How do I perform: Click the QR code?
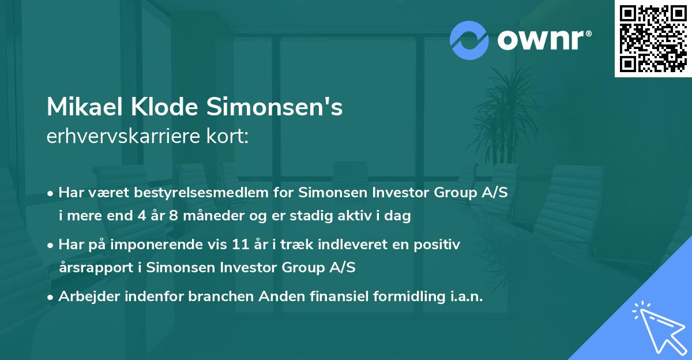[x=653, y=39]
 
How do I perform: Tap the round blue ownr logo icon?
[x=469, y=40]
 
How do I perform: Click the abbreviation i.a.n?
[x=464, y=297]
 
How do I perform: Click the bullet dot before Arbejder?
[x=51, y=297]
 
